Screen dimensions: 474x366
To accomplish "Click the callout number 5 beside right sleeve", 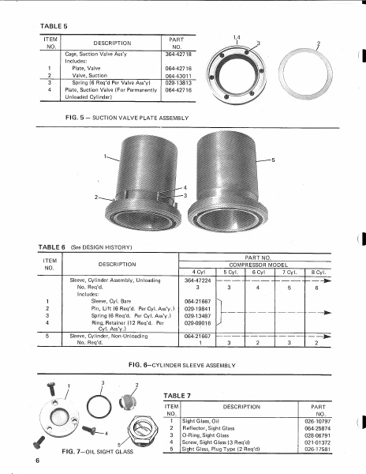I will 273,160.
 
